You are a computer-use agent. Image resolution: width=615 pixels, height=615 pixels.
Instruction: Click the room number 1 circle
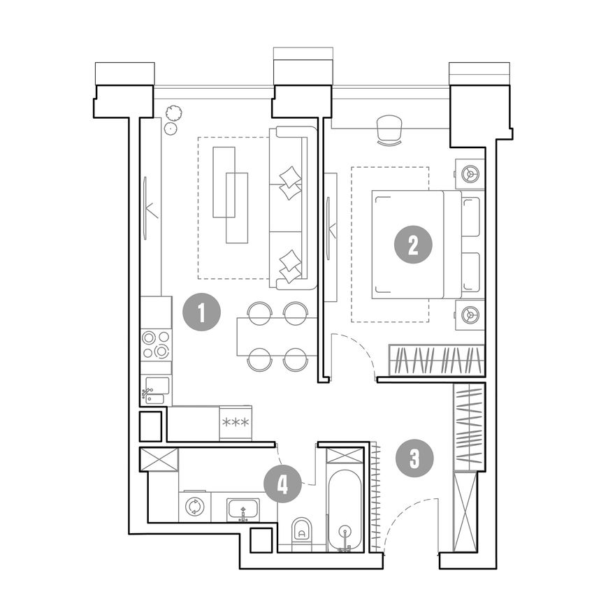click(202, 312)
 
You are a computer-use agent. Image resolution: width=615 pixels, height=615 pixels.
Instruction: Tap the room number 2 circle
click(413, 245)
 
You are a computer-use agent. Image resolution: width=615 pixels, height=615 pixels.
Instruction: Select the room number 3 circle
click(414, 458)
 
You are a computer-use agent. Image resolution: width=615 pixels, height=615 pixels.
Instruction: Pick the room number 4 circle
click(282, 485)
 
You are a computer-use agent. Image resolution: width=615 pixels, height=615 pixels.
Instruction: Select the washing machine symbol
click(194, 507)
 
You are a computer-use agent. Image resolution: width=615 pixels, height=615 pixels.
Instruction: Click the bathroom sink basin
click(243, 509)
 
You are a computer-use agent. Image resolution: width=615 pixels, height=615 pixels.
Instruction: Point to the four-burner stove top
click(156, 344)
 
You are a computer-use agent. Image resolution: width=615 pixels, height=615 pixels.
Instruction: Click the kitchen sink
click(157, 390)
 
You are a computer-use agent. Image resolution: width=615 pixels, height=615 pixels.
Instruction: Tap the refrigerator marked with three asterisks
click(236, 423)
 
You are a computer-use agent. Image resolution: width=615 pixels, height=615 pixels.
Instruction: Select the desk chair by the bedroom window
click(390, 130)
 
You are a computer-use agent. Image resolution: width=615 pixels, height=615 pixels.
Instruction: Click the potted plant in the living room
click(173, 120)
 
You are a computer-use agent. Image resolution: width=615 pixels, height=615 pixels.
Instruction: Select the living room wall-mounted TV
click(145, 208)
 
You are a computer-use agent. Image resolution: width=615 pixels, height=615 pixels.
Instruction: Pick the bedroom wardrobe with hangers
click(437, 360)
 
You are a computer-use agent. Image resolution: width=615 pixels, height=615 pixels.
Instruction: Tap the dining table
click(277, 337)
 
